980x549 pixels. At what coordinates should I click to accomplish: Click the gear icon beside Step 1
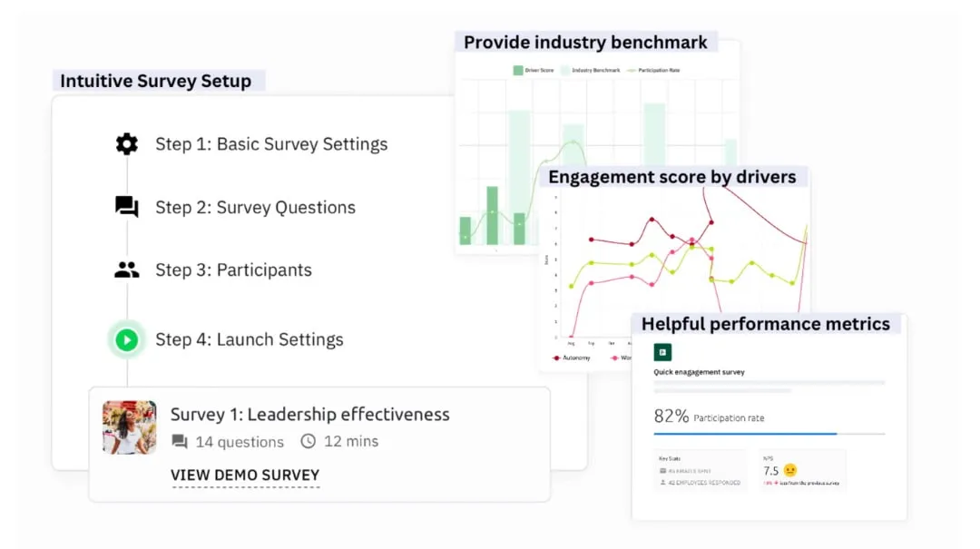tap(127, 143)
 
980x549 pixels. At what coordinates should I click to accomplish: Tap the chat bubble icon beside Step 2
tap(127, 207)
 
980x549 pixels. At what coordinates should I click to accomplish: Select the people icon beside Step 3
tap(127, 270)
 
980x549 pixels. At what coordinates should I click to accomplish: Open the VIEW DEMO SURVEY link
tap(245, 475)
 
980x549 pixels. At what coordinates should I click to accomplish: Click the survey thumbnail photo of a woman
tap(130, 427)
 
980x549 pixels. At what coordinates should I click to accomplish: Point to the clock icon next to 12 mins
tap(309, 442)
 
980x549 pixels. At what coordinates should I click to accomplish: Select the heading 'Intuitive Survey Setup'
tap(155, 81)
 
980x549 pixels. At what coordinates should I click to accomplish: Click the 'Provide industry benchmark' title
tap(585, 42)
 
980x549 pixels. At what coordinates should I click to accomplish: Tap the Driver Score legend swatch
tap(518, 70)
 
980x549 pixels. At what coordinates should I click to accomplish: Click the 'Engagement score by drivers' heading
tap(672, 177)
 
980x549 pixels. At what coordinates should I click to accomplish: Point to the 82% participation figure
tap(671, 417)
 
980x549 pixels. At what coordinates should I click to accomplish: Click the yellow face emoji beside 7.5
tap(790, 470)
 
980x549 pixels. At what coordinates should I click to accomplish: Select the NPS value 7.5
tap(770, 470)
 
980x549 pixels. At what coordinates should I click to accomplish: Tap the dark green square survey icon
tap(662, 352)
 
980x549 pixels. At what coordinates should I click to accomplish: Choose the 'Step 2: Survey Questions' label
tap(255, 207)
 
